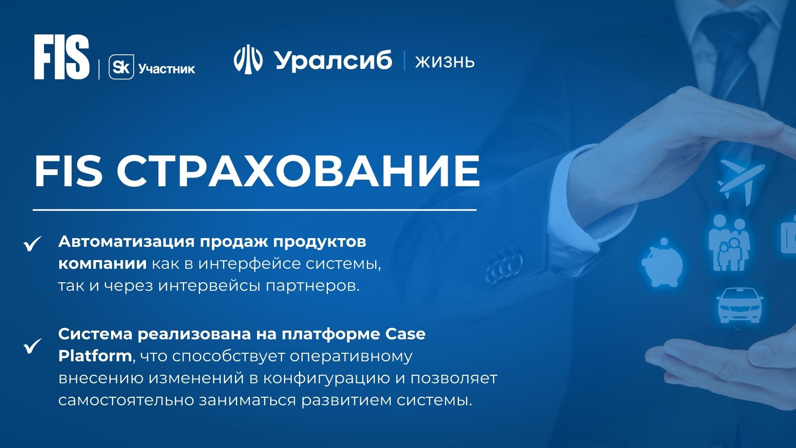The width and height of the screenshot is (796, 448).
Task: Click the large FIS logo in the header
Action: click(62, 57)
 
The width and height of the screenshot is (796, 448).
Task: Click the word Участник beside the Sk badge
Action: click(167, 69)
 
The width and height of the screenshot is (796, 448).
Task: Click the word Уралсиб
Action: click(333, 61)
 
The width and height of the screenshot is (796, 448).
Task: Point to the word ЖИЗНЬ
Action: click(445, 62)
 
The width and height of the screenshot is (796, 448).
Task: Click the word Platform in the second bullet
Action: click(95, 356)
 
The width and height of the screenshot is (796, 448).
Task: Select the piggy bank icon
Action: click(662, 262)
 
